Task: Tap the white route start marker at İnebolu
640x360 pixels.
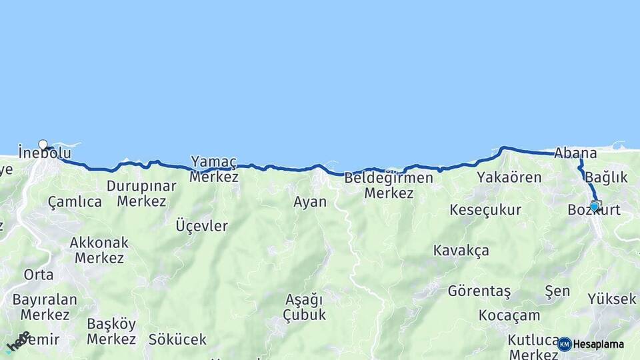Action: pyautogui.click(x=43, y=145)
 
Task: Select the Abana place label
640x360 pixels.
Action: pyautogui.click(x=575, y=153)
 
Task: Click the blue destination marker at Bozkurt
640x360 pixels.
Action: pyautogui.click(x=595, y=207)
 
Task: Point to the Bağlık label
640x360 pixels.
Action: pyautogui.click(x=606, y=177)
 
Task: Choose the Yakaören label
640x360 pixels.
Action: pyautogui.click(x=509, y=177)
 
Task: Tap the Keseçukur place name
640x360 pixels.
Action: pyautogui.click(x=485, y=210)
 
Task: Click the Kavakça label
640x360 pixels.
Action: pyautogui.click(x=461, y=251)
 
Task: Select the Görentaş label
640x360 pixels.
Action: pyautogui.click(x=479, y=291)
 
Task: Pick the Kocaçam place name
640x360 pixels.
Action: pyautogui.click(x=509, y=315)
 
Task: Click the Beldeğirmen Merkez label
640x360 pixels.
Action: pyautogui.click(x=389, y=186)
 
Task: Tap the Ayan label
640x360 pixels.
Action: pyautogui.click(x=310, y=201)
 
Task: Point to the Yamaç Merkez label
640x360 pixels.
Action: pyautogui.click(x=214, y=169)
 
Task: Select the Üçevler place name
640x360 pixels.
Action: pyautogui.click(x=201, y=226)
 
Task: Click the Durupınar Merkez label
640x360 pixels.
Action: pyautogui.click(x=141, y=193)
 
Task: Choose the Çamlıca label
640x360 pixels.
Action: pyautogui.click(x=75, y=201)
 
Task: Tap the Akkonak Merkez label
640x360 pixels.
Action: pyautogui.click(x=99, y=250)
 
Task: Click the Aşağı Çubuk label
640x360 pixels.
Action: pyautogui.click(x=304, y=307)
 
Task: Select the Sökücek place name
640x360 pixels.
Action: pyautogui.click(x=177, y=339)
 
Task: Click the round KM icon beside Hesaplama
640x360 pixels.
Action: pyautogui.click(x=565, y=344)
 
